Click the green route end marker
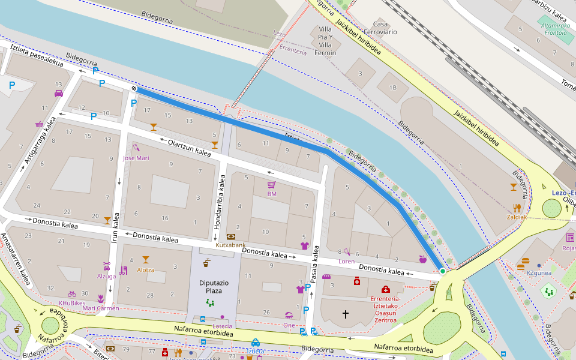pyautogui.click(x=443, y=272)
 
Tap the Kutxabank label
pyautogui.click(x=230, y=245)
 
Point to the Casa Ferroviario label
pyautogui.click(x=380, y=28)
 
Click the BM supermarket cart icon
pyautogui.click(x=271, y=185)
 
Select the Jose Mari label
pyautogui.click(x=136, y=158)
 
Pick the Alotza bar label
pyautogui.click(x=145, y=270)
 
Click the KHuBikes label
pyautogui.click(x=72, y=303)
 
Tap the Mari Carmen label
pyautogui.click(x=100, y=308)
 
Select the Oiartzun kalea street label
pyautogui.click(x=189, y=148)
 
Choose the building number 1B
pyautogui.click(x=393, y=88)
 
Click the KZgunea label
pyautogui.click(x=538, y=273)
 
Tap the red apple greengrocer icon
pyautogui.click(x=422, y=259)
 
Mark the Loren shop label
pyautogui.click(x=346, y=262)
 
